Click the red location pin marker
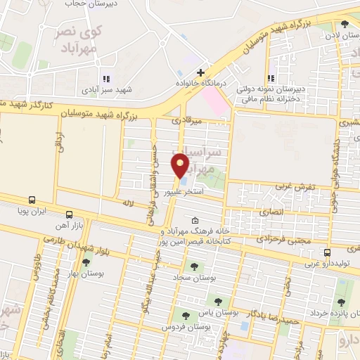point(182,165)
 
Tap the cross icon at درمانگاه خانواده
point(201,72)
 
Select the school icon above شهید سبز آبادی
point(105,79)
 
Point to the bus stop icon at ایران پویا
point(32,200)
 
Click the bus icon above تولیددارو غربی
point(327,252)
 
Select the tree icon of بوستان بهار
point(86,262)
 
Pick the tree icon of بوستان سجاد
point(193,266)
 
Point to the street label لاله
point(128,202)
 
